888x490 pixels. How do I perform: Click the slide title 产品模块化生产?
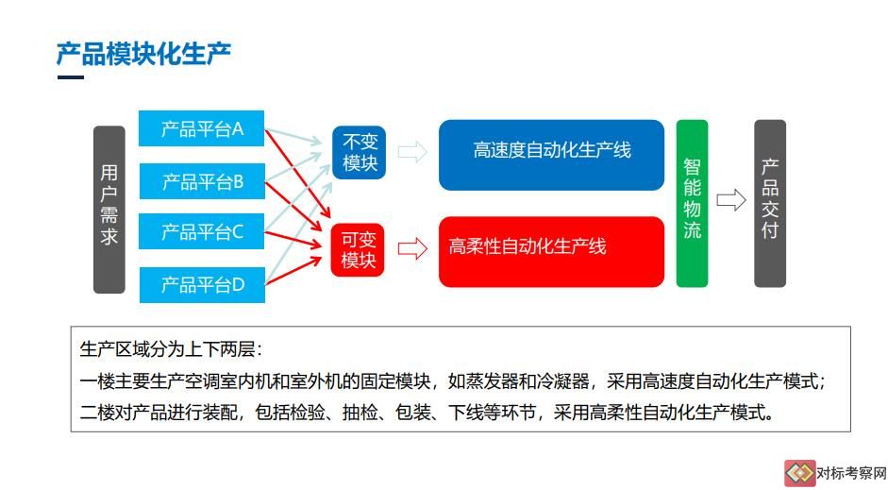pyautogui.click(x=143, y=55)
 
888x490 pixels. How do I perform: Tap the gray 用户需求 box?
pyautogui.click(x=109, y=210)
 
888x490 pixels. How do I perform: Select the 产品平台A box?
pyautogui.click(x=202, y=128)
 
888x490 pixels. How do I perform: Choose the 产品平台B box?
pyautogui.click(x=202, y=181)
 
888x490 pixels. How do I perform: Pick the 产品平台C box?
pyautogui.click(x=202, y=231)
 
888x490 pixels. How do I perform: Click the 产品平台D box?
pyautogui.click(x=202, y=284)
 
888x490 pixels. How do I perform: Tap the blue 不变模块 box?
pyautogui.click(x=360, y=152)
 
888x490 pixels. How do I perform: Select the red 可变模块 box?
pyautogui.click(x=358, y=250)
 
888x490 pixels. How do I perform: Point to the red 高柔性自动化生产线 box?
pyautogui.click(x=552, y=251)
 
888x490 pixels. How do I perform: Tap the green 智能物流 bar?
pyautogui.click(x=692, y=203)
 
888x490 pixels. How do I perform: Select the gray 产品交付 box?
pyautogui.click(x=770, y=203)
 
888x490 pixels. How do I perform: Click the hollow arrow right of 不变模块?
pyautogui.click(x=412, y=152)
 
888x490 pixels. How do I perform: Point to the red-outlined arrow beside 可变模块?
pyautogui.click(x=412, y=248)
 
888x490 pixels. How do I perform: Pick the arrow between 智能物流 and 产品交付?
pyautogui.click(x=731, y=200)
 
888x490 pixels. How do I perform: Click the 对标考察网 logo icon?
pyautogui.click(x=799, y=473)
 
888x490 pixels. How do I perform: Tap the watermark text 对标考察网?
pyautogui.click(x=851, y=473)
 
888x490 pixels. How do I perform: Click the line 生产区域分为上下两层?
pyautogui.click(x=171, y=349)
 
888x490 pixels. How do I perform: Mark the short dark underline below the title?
pyautogui.click(x=71, y=77)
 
